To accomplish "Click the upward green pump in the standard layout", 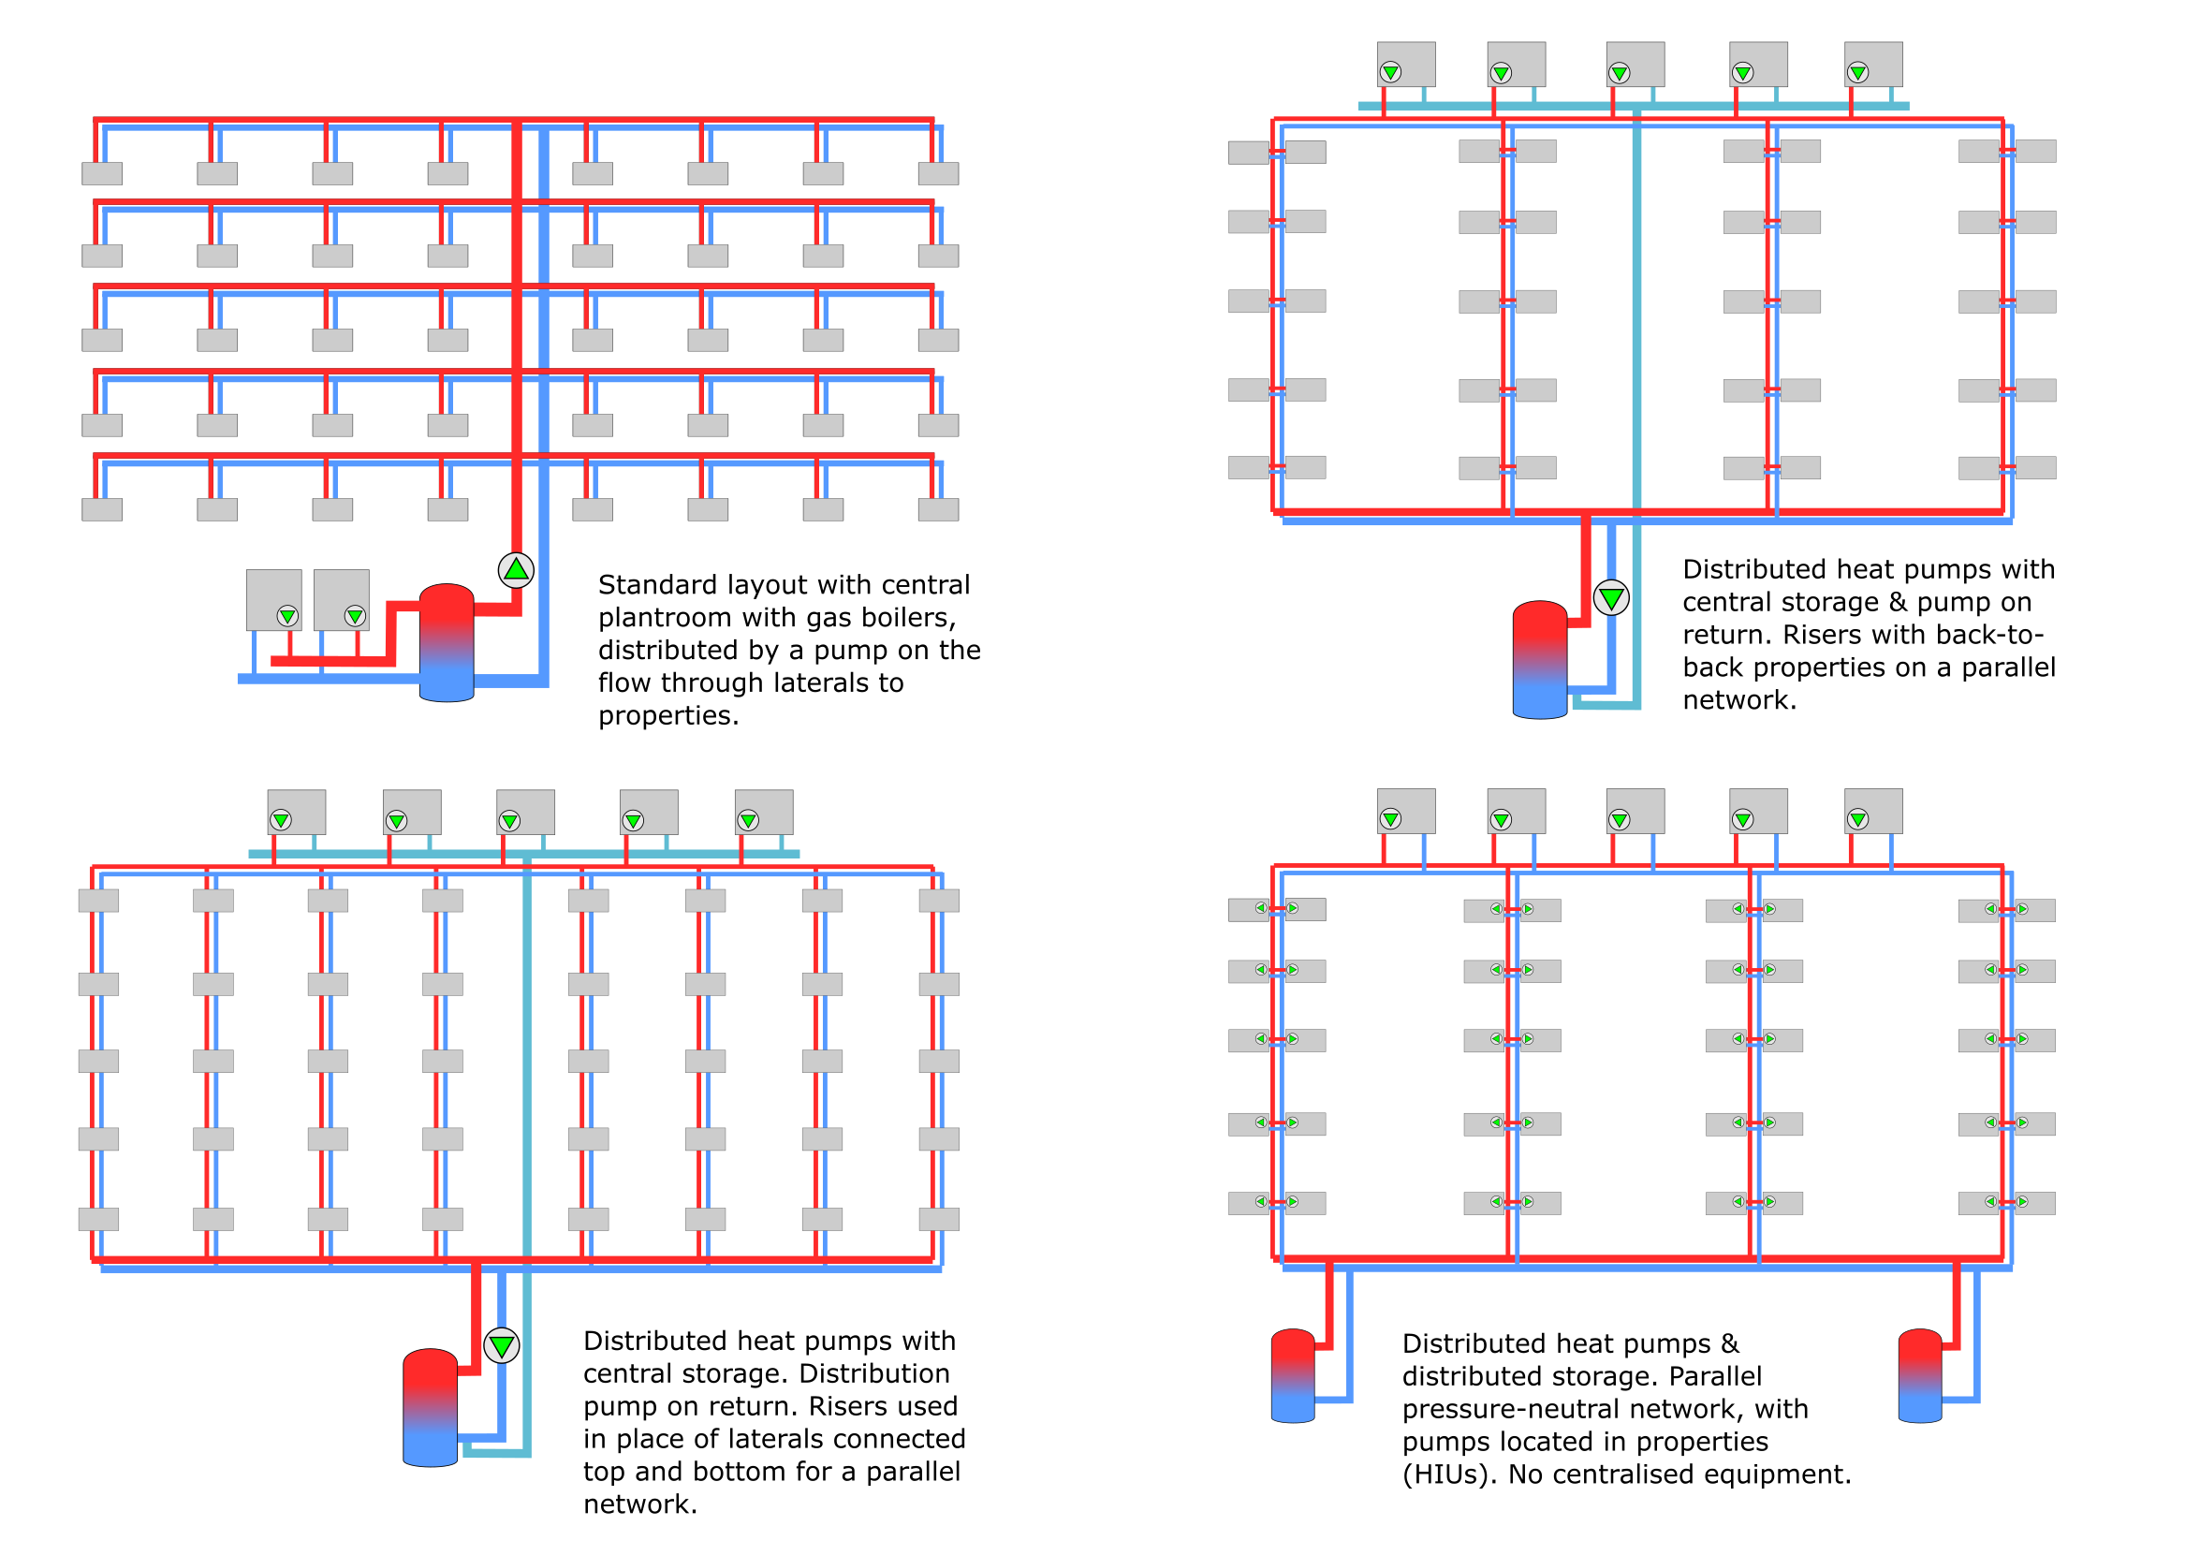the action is point(516,570).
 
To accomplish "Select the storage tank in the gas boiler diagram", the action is point(447,643).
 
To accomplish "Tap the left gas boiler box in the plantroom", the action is point(274,600).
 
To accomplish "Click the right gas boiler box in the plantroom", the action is point(342,600).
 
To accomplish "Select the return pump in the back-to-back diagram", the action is point(1612,598).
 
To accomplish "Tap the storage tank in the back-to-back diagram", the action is point(1540,659).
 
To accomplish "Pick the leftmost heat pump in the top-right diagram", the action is point(1406,65).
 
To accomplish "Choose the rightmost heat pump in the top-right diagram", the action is point(1873,65).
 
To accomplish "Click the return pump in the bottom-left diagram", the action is point(502,1345).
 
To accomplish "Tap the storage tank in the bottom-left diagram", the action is point(431,1407).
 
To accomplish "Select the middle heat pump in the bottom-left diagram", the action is point(525,813).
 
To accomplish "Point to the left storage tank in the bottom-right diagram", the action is point(1293,1376).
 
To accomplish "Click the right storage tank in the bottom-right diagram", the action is point(1919,1376).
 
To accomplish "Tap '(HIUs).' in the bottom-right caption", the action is point(1450,1474).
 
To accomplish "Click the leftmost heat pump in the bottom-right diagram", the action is point(1406,812).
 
